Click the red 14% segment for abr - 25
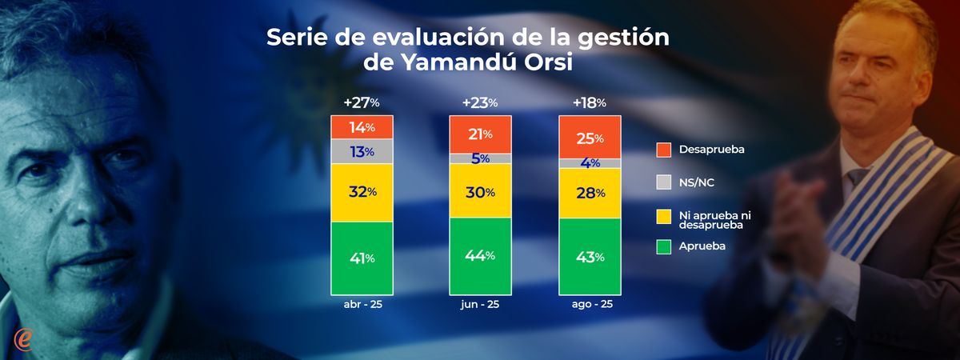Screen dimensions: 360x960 point(362,127)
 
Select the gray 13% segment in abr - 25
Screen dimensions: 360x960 point(362,152)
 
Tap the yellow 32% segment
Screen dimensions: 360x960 point(362,193)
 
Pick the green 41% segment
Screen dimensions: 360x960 point(362,258)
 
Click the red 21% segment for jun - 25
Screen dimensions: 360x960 point(480,134)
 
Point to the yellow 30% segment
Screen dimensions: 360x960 point(480,191)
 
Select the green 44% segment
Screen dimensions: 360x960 point(480,255)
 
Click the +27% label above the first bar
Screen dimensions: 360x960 point(362,102)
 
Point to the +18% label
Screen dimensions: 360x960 point(589,102)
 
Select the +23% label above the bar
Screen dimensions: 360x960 point(480,102)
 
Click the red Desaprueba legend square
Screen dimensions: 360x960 point(663,150)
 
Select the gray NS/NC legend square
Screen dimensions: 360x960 point(663,182)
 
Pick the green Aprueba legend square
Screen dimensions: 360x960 point(663,246)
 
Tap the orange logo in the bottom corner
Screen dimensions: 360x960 point(23,338)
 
